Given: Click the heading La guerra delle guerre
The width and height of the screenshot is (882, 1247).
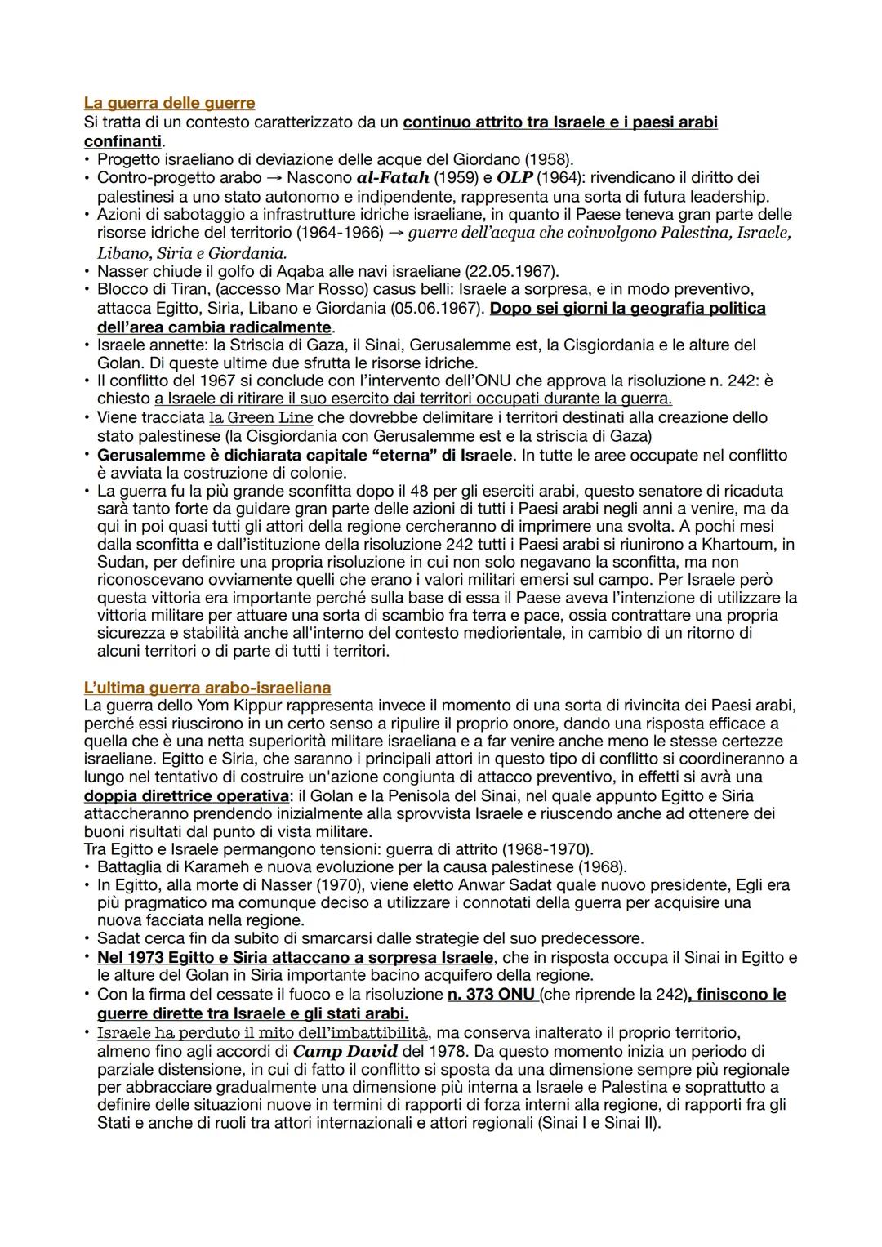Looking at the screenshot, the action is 169,103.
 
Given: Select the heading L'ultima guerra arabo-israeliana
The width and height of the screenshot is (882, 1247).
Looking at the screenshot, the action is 207,688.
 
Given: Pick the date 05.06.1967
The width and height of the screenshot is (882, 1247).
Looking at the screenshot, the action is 443,309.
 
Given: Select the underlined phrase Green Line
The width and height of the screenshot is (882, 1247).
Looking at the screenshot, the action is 267,417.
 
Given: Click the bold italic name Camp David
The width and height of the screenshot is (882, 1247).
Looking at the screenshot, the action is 345,1052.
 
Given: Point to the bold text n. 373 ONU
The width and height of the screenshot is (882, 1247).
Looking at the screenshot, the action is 491,995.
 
